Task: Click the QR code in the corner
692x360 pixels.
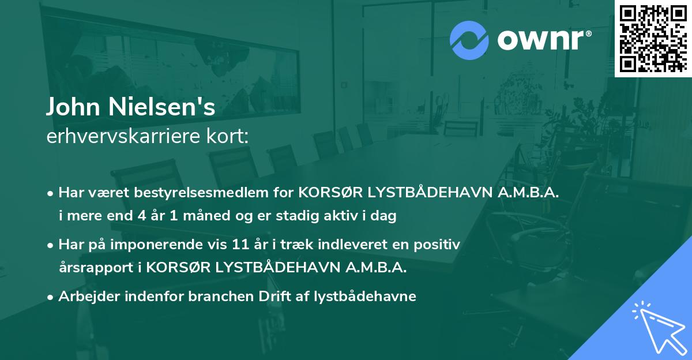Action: (653, 38)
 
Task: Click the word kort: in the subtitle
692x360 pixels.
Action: (231, 137)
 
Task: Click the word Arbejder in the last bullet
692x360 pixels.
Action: (86, 297)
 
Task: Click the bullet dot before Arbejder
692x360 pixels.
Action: (51, 297)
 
